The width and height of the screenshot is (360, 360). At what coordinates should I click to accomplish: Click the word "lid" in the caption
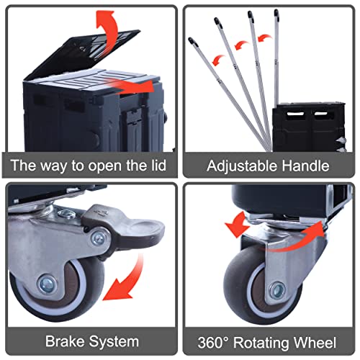click(x=158, y=166)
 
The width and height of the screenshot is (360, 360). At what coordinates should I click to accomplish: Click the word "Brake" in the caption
click(x=64, y=341)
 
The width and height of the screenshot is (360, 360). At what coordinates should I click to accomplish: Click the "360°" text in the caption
click(x=213, y=343)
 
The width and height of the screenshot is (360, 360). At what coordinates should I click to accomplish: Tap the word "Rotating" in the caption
click(x=261, y=343)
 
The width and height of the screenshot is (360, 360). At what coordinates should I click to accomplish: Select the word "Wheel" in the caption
click(x=315, y=343)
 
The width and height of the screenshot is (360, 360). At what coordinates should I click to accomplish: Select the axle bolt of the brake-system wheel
click(x=47, y=284)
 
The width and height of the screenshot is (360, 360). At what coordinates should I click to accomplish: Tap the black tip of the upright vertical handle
click(x=276, y=13)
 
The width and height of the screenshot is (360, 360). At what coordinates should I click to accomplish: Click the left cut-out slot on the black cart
click(x=296, y=114)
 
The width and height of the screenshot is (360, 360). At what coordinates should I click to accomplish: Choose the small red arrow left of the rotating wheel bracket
click(x=238, y=225)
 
